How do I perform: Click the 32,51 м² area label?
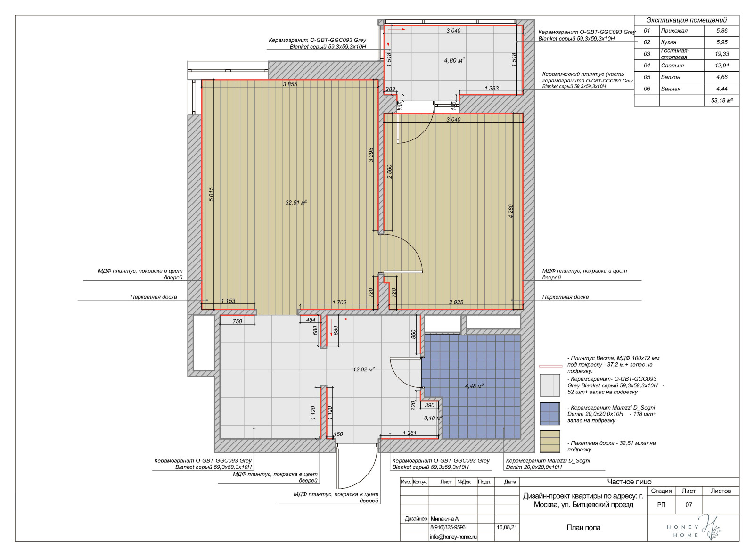[x=296, y=202]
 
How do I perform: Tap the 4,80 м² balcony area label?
[x=454, y=60]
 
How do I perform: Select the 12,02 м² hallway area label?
[x=364, y=369]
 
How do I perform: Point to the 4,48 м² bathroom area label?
[x=474, y=386]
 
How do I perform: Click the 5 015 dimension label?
[x=211, y=194]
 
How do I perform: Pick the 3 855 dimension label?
[x=290, y=84]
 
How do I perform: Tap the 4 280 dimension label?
[x=510, y=211]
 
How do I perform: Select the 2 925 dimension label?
[x=456, y=302]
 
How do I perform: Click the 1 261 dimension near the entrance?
[x=410, y=433]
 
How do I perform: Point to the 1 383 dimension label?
[x=491, y=89]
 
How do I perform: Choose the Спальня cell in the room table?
[x=672, y=66]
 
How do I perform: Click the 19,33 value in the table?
[x=721, y=54]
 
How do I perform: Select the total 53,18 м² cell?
[x=721, y=101]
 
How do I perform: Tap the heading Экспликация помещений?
[x=686, y=20]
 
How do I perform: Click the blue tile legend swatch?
[x=549, y=413]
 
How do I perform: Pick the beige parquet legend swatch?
[x=549, y=442]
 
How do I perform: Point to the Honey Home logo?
[x=694, y=528]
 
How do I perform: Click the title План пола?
[x=583, y=527]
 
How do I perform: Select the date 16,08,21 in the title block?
[x=507, y=527]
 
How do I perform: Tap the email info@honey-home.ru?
[x=453, y=537]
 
